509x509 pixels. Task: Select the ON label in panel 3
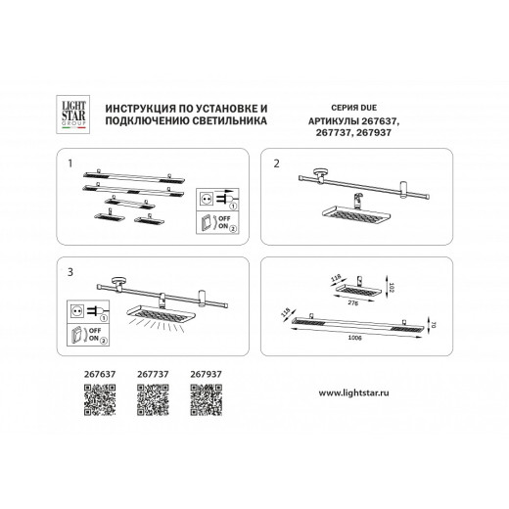point(95,342)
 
